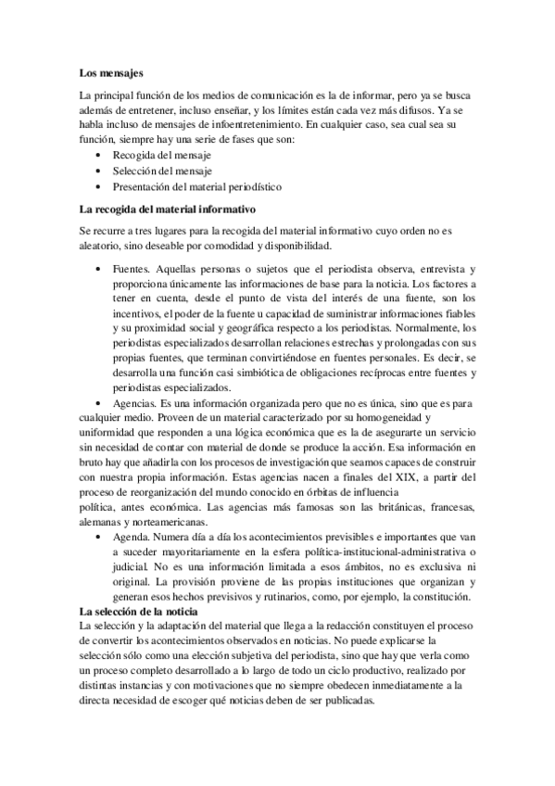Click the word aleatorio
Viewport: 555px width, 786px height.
tap(105, 246)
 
